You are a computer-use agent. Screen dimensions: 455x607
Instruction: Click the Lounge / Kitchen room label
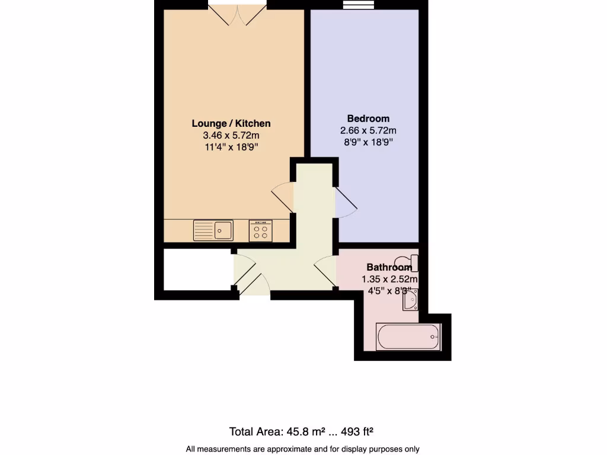[x=231, y=123]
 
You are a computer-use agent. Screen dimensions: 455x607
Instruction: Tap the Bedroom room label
[x=368, y=118]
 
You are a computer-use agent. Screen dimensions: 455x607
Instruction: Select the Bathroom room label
[x=388, y=267]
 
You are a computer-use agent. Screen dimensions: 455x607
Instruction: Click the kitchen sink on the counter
[x=213, y=230]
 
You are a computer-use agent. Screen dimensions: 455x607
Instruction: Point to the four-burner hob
[x=261, y=230]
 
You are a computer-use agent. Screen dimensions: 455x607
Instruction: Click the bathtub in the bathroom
[x=408, y=337]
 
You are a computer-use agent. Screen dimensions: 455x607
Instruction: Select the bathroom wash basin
[x=411, y=300]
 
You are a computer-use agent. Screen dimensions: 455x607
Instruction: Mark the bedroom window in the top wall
[x=363, y=5]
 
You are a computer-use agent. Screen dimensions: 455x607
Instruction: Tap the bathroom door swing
[x=325, y=272]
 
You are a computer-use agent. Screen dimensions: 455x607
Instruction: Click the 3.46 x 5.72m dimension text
[x=231, y=136]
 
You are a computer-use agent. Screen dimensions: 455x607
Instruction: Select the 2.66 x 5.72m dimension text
[x=368, y=130]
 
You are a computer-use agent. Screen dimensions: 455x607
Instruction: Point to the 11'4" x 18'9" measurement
[x=231, y=148]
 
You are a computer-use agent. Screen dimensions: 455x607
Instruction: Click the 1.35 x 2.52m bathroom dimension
[x=389, y=279]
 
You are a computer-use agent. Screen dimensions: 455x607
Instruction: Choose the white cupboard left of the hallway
[x=196, y=270]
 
